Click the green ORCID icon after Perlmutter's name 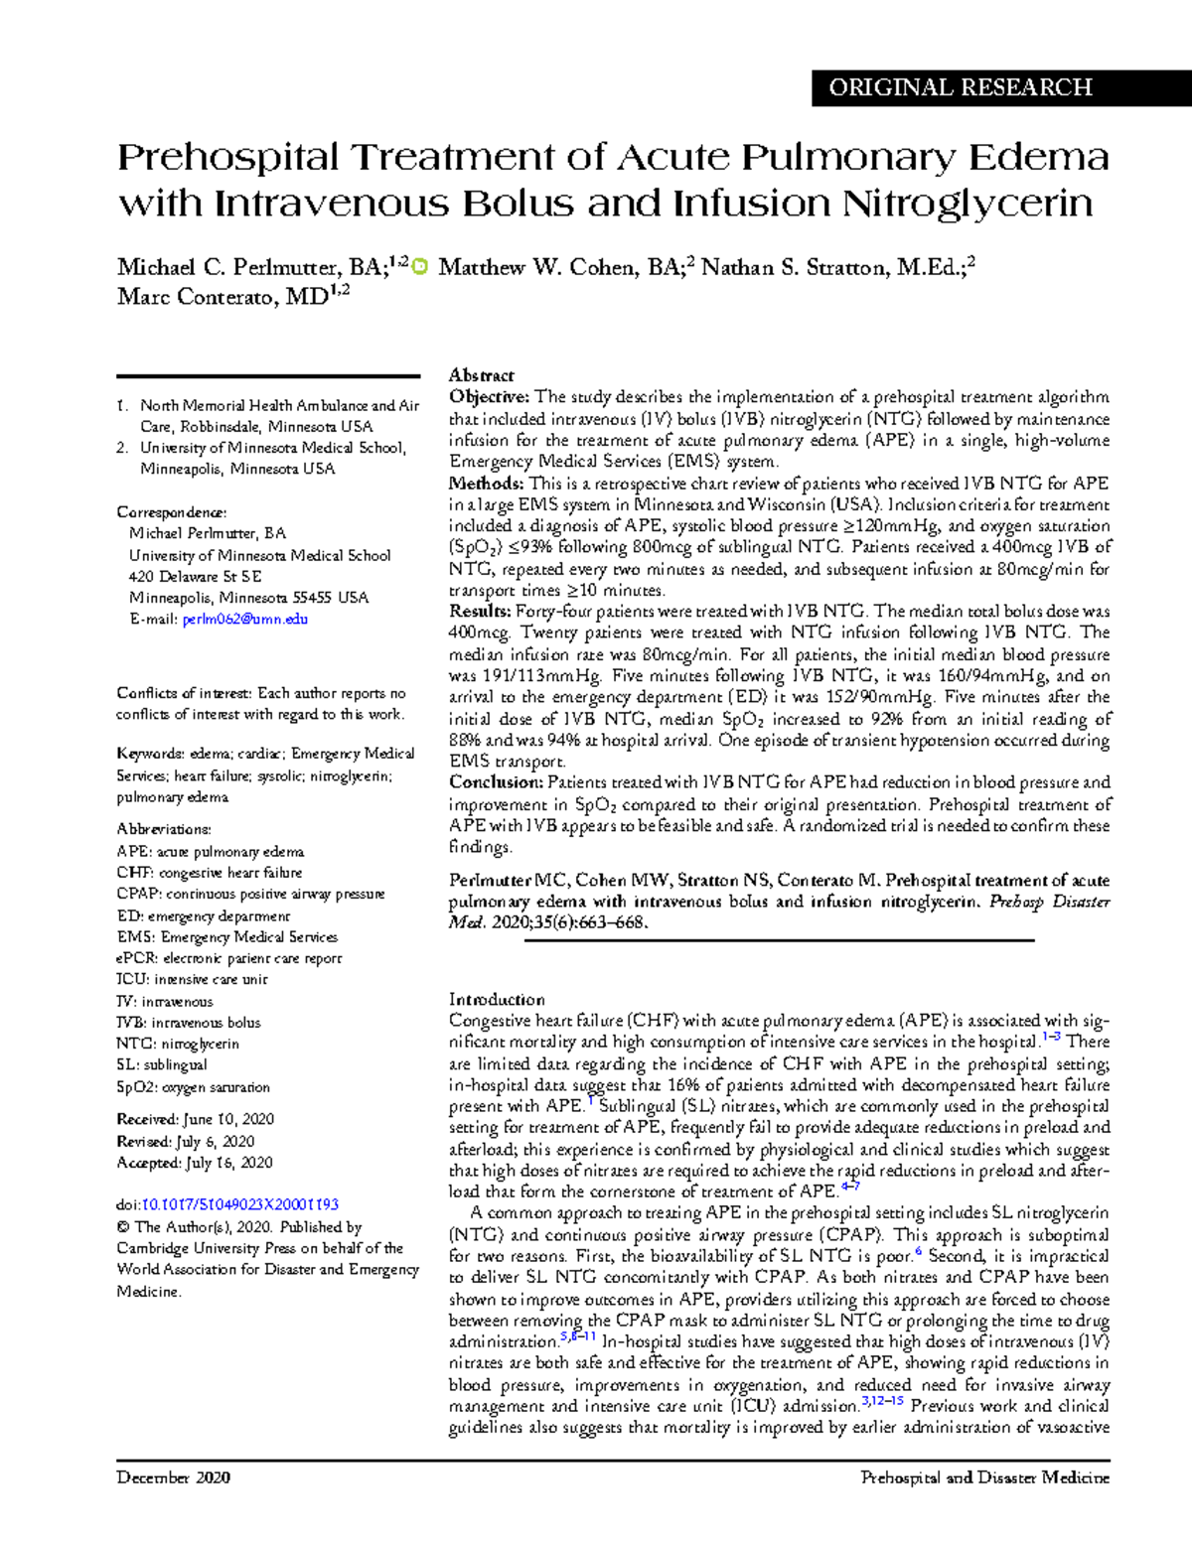(419, 267)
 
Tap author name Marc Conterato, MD (223, 297)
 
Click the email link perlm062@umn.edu (245, 620)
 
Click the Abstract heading (481, 375)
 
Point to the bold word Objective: (490, 397)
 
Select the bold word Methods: (486, 484)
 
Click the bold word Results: (481, 612)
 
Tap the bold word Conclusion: (496, 782)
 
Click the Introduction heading (497, 1000)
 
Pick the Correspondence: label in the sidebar (171, 512)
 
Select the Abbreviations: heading (164, 829)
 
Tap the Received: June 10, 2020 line (195, 1119)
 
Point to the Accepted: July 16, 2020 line (195, 1163)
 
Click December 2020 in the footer (173, 1477)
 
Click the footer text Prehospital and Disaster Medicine (984, 1477)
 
